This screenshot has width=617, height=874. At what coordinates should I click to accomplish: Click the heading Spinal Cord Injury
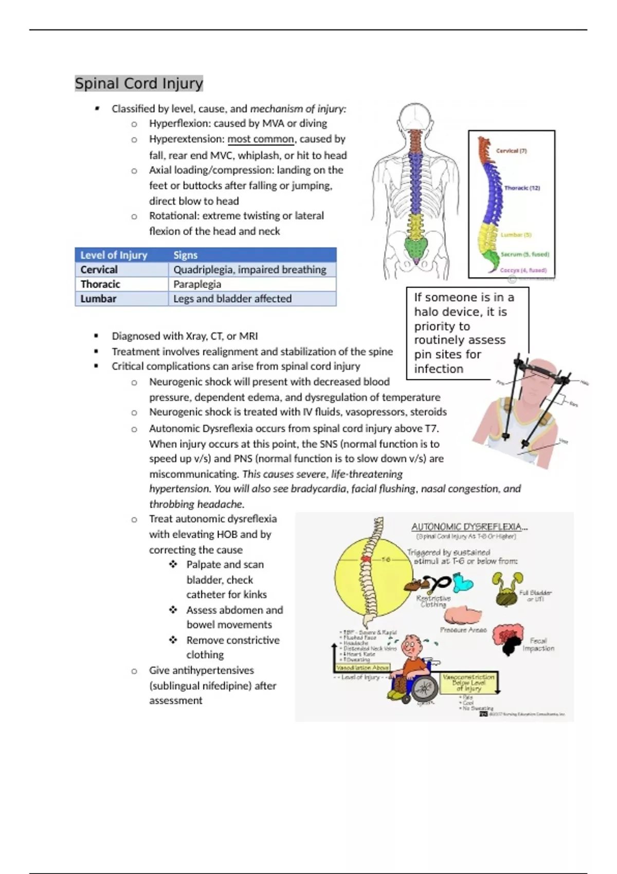[x=139, y=83]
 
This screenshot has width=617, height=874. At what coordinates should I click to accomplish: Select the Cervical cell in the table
[x=99, y=270]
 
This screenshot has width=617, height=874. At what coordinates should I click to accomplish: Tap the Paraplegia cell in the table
[x=197, y=284]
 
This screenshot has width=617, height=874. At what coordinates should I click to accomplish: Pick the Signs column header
[x=185, y=255]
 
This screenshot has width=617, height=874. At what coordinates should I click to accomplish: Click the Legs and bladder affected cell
[x=232, y=299]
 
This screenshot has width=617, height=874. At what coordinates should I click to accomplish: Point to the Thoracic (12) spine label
[x=522, y=188]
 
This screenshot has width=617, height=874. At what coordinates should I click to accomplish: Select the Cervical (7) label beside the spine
[x=511, y=151]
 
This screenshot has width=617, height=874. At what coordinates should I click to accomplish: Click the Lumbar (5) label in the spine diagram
[x=516, y=235]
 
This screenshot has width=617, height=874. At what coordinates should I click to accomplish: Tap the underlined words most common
[x=261, y=139]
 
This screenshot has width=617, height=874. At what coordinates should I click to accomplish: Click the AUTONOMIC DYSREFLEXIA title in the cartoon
[x=469, y=526]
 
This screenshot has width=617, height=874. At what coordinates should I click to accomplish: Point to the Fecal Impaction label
[x=538, y=645]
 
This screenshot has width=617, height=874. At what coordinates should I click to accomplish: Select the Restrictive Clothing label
[x=433, y=602]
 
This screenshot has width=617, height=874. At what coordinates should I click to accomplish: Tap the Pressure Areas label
[x=463, y=630]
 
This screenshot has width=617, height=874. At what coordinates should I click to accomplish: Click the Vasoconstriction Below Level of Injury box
[x=468, y=683]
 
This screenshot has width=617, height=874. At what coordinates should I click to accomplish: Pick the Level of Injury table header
[x=114, y=255]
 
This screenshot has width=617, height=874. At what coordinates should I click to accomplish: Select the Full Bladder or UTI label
[x=535, y=596]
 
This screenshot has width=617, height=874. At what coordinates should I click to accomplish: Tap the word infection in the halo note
[x=439, y=369]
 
